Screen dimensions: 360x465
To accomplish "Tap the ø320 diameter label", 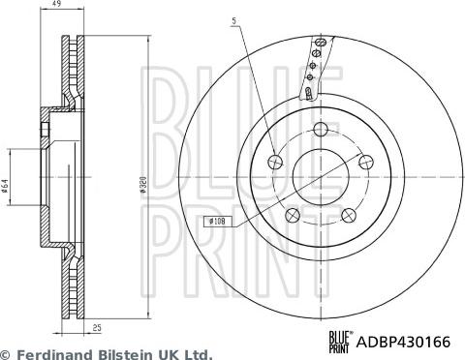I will click(142, 185).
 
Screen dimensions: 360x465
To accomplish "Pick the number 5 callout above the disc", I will click(232, 20).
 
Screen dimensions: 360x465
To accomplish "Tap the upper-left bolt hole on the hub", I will click(275, 162).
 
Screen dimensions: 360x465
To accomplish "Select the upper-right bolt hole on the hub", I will click(364, 162).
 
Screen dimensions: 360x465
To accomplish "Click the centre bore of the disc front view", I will click(320, 177).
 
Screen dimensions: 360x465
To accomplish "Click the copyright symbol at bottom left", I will click(6, 354).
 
